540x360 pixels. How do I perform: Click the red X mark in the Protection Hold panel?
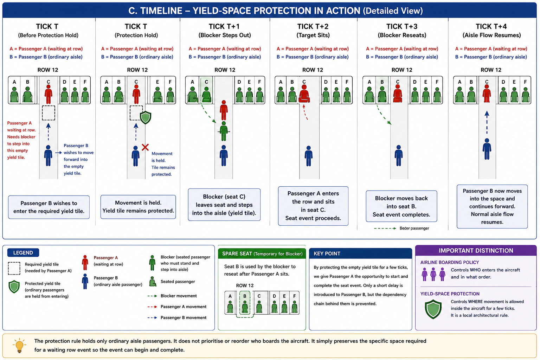145,147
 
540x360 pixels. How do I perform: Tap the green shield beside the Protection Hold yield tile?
146,117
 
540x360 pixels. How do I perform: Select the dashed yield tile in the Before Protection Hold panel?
49,113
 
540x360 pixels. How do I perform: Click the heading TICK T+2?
313,26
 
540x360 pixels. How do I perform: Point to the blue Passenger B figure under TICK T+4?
487,149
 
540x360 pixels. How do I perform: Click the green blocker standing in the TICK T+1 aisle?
224,131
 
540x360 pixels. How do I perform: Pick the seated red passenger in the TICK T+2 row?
304,94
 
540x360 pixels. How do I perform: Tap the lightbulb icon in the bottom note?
19,345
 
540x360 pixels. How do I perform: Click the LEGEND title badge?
23,252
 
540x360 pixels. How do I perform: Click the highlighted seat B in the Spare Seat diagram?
245,304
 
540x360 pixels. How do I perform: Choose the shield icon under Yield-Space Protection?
433,309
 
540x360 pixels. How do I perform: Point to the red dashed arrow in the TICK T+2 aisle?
305,112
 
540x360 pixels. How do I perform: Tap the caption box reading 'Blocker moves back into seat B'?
401,206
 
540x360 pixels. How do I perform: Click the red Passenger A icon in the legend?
85,262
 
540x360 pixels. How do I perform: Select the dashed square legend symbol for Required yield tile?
14,268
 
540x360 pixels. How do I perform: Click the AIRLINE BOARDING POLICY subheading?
450,262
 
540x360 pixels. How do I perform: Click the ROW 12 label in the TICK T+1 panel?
225,70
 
